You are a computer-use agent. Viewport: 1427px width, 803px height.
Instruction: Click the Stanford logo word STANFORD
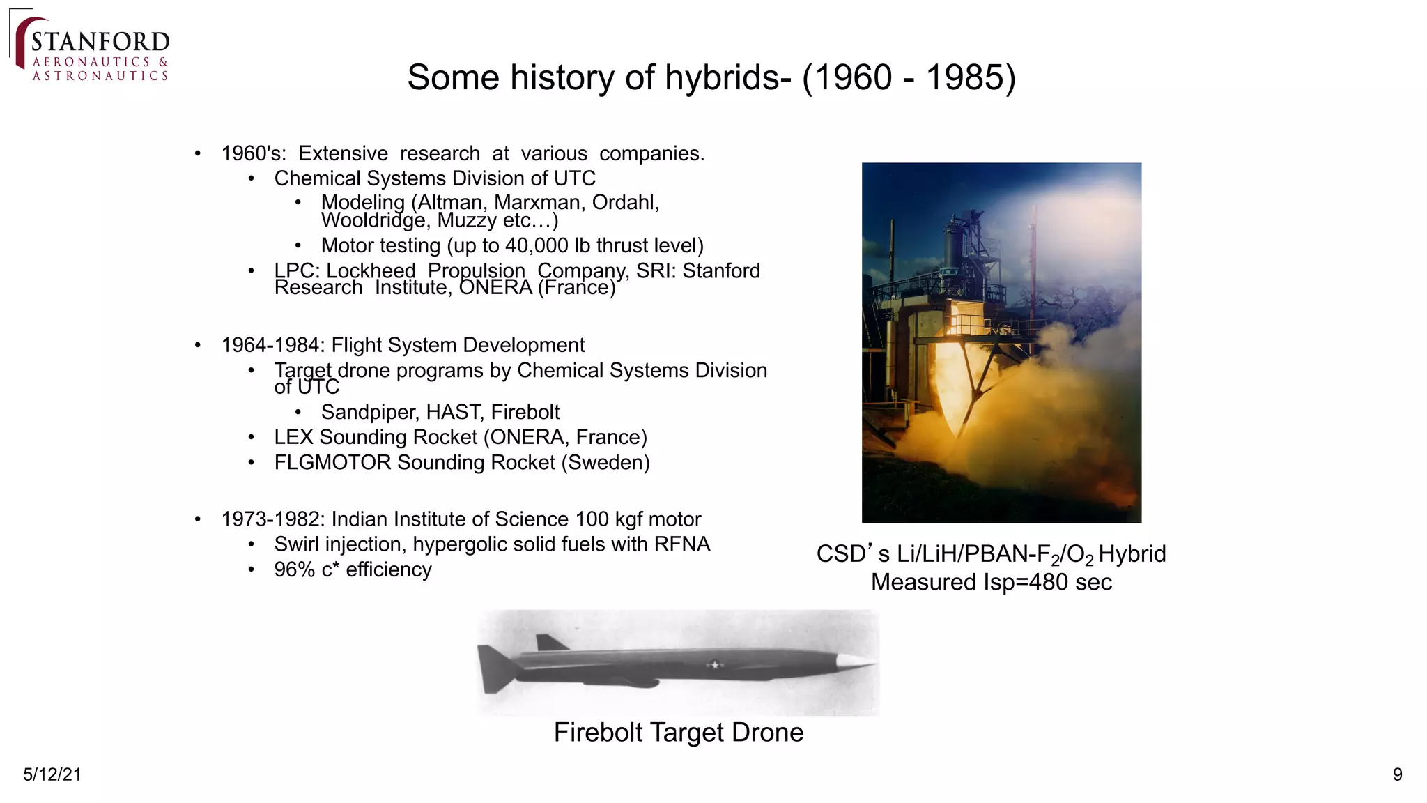tap(100, 42)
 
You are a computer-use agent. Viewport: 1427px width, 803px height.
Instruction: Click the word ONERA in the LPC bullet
tap(495, 287)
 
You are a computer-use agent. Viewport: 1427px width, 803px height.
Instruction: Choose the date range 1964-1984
tap(272, 345)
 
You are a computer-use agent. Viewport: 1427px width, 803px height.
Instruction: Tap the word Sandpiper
tap(369, 412)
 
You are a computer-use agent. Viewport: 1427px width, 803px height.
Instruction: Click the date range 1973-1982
tap(272, 519)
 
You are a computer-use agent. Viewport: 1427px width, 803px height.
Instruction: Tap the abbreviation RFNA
tap(681, 544)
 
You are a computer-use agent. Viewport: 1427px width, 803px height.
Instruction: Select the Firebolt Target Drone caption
tap(679, 733)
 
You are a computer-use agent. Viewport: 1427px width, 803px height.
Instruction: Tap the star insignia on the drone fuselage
tap(714, 664)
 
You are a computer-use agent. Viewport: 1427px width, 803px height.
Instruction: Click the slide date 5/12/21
tap(52, 774)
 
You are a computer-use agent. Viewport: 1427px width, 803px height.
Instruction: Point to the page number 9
tap(1397, 774)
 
